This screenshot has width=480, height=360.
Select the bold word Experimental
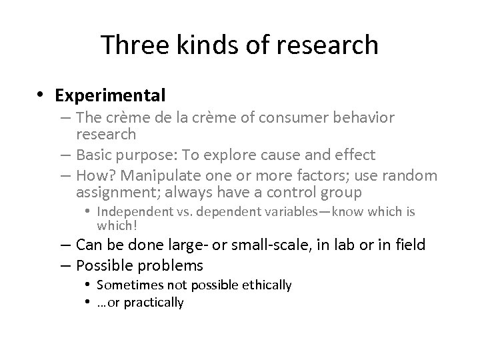click(x=111, y=95)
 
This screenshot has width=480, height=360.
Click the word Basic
click(x=96, y=155)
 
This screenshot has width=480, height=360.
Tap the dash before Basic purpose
click(x=66, y=155)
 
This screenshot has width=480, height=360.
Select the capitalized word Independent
click(x=132, y=212)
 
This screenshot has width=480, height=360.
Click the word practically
click(x=156, y=303)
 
